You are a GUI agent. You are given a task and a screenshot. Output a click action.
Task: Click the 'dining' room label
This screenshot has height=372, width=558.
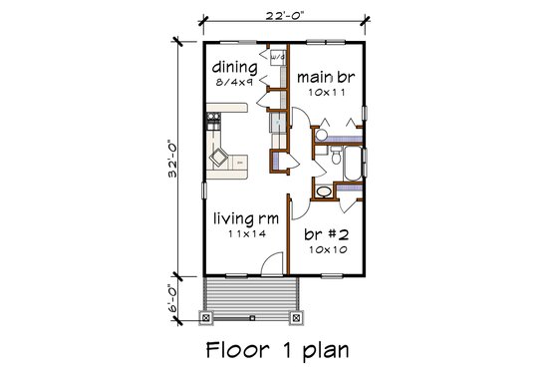pos(236,68)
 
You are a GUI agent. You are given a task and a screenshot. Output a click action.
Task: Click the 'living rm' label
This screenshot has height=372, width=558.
pos(244,217)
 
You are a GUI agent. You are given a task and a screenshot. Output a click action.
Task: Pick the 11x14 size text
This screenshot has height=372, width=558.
pos(243,233)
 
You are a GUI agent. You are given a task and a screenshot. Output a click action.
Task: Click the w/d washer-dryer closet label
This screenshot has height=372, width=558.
pos(276,58)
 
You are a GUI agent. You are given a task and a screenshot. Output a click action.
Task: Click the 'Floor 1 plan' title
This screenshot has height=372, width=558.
pos(278,350)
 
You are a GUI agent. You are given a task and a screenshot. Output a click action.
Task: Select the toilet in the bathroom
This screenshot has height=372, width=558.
pos(336,157)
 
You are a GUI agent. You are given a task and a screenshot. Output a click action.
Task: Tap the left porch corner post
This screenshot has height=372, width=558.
pos(207,318)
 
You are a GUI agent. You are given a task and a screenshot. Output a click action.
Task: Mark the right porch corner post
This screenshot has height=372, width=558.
pos(296,318)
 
